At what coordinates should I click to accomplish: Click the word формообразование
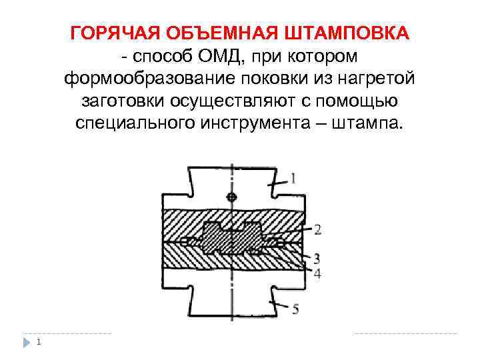[145, 79]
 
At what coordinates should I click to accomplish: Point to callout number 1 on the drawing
[294, 177]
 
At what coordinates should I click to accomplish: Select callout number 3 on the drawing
[317, 258]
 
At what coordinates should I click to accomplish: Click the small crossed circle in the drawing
[231, 197]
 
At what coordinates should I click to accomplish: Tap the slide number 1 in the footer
[40, 343]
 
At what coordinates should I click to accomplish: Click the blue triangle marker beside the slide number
[27, 343]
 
